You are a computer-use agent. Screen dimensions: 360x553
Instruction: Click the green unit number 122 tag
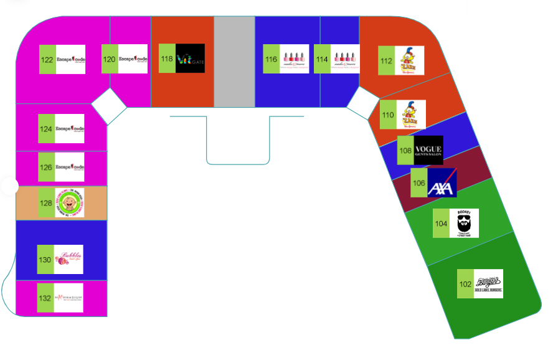tap(47, 60)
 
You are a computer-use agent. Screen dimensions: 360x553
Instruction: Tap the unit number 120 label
tap(110, 59)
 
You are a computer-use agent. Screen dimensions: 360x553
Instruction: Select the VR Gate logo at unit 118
tap(190, 59)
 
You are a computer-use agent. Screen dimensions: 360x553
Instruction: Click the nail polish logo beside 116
tap(294, 59)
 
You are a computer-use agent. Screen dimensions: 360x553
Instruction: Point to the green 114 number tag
tap(322, 59)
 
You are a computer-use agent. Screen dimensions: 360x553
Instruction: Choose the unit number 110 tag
tap(387, 115)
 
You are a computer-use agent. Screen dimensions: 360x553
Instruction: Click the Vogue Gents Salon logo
tap(428, 150)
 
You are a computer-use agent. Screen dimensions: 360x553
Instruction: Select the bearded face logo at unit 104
tap(463, 223)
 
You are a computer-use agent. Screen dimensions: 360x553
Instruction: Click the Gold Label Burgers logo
tap(488, 283)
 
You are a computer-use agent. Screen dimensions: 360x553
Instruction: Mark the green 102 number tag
tap(465, 284)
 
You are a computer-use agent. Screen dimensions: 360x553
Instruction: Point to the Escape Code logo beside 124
tap(70, 129)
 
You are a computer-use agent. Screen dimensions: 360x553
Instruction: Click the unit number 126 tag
tap(47, 167)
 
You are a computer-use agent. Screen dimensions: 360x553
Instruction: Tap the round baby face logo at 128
tap(69, 202)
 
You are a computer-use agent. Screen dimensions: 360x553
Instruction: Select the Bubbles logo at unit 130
tap(69, 260)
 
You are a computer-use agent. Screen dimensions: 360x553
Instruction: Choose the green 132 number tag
tap(45, 298)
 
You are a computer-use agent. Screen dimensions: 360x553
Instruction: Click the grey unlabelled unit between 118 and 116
tap(234, 61)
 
